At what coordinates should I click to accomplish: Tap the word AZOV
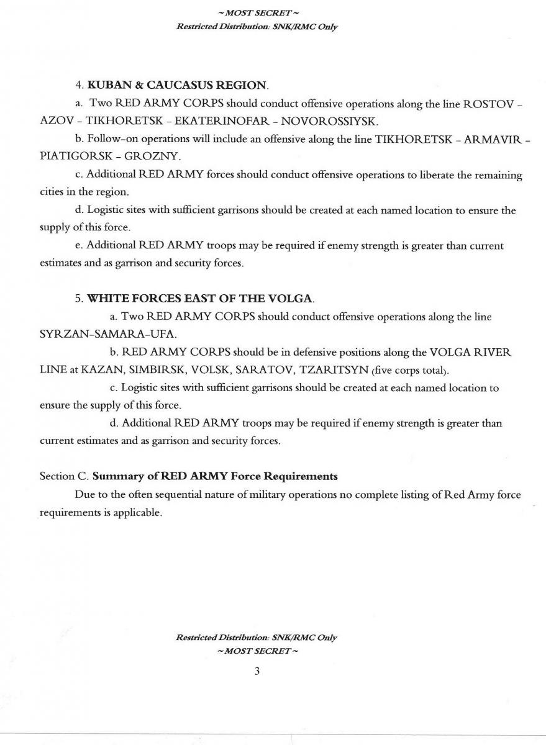[57, 120]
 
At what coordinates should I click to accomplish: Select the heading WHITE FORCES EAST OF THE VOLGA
[199, 299]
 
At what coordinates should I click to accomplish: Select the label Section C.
[65, 477]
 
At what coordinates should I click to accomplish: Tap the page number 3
[256, 671]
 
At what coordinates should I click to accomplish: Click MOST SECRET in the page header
[257, 13]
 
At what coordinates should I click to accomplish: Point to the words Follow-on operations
[132, 138]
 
